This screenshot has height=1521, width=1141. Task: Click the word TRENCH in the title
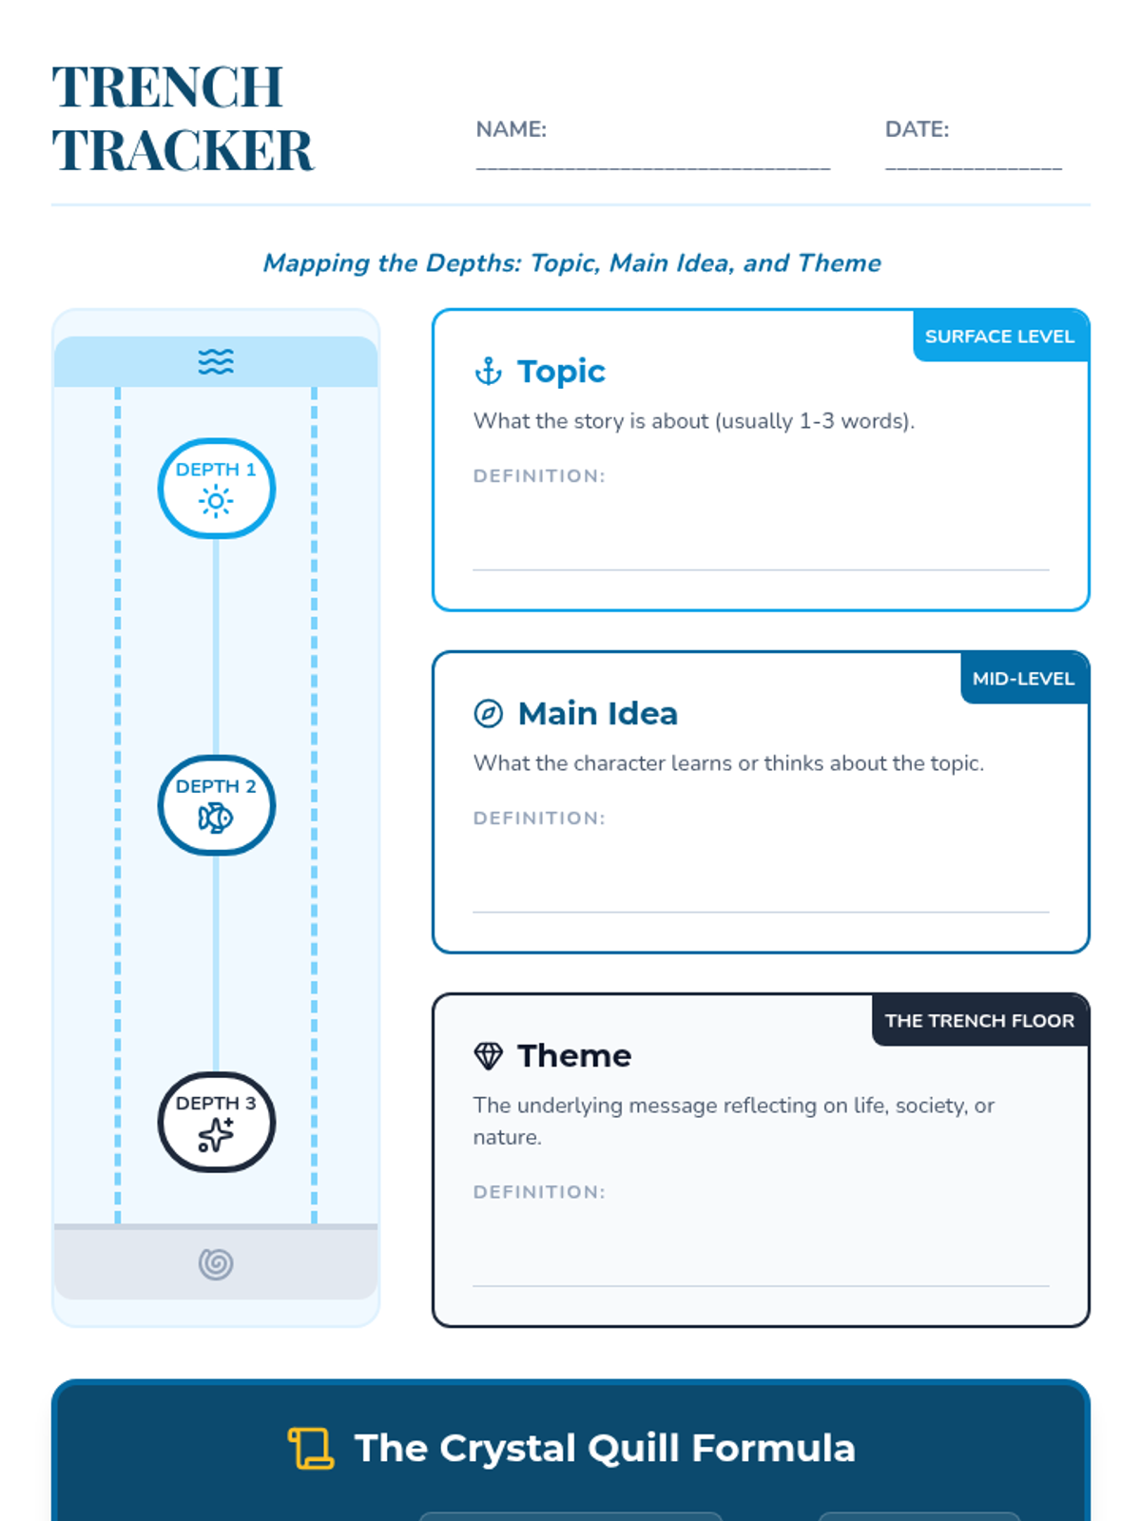point(167,87)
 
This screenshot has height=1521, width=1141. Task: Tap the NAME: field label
point(511,129)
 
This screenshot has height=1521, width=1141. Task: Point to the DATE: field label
point(916,129)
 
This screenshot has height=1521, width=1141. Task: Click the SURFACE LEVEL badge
point(999,337)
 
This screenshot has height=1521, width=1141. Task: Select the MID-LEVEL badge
point(1023,679)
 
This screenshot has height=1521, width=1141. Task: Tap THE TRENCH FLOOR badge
point(979,1020)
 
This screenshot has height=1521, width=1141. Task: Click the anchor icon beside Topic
point(488,372)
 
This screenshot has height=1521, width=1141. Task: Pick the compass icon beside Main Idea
point(488,713)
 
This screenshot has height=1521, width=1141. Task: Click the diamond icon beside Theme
point(488,1055)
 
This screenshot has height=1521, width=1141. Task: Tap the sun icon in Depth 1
point(216,501)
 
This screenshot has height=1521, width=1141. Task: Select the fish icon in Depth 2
point(216,818)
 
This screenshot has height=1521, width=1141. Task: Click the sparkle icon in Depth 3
point(216,1134)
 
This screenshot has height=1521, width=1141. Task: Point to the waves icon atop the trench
point(216,362)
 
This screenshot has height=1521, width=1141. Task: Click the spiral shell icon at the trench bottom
point(216,1263)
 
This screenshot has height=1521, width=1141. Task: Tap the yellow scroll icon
point(311,1448)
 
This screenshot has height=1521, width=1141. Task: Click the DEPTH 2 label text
point(216,786)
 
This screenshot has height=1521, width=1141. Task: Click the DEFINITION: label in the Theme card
point(539,1191)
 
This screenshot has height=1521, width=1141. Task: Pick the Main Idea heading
point(597,713)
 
